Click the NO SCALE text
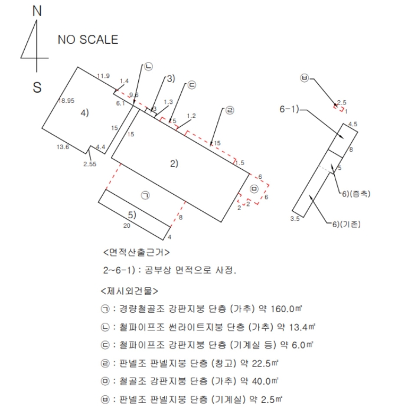pos(87,40)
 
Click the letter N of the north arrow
pos(37,11)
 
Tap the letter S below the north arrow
pos(37,87)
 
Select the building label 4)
pos(84,113)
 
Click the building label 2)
pos(174,163)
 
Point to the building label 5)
pos(133,214)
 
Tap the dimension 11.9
pos(103,76)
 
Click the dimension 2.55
pos(90,163)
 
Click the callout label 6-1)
pos(290,109)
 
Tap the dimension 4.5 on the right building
pos(353,124)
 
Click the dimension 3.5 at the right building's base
pos(295,219)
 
